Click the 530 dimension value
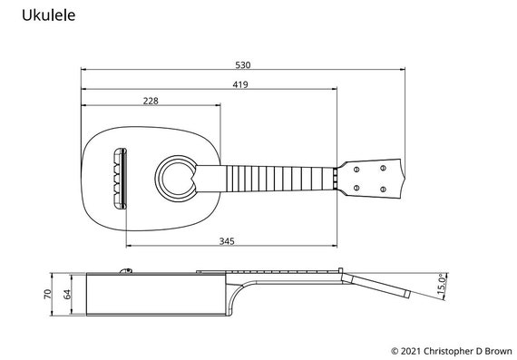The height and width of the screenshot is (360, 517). click(x=242, y=64)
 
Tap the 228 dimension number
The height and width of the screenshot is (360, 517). click(x=151, y=102)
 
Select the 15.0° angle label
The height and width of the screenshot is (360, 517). click(x=442, y=283)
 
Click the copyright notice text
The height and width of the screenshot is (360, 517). click(x=451, y=350)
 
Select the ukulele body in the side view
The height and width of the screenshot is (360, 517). click(x=154, y=295)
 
